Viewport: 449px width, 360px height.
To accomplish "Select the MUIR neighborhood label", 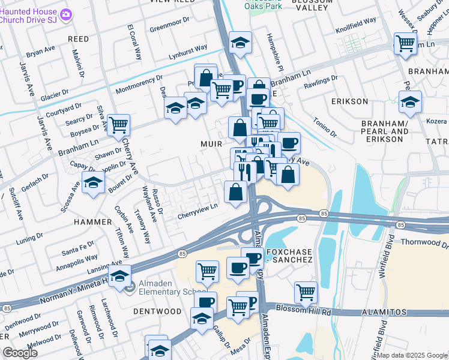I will (x=211, y=144).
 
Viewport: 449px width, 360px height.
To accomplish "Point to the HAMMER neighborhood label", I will (x=92, y=221).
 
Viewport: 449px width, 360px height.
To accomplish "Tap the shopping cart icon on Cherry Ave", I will (x=119, y=125).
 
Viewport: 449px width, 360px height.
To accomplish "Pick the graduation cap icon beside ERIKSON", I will (x=410, y=102).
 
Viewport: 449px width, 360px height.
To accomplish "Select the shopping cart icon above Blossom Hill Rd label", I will (x=306, y=293).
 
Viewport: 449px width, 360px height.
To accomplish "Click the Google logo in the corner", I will (x=19, y=352).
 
